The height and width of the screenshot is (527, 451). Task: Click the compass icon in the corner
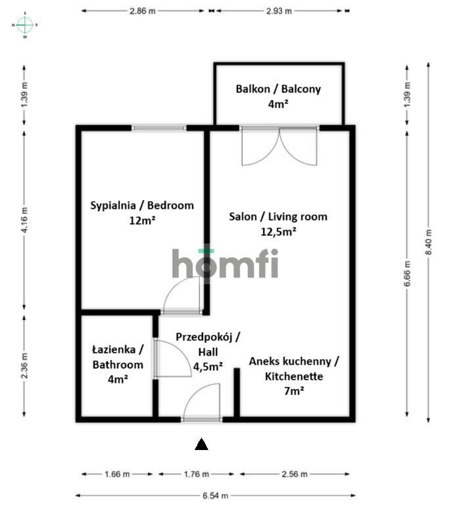[25, 25]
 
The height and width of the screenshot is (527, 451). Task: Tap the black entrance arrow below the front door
[202, 444]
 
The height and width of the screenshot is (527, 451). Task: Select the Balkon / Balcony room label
[278, 95]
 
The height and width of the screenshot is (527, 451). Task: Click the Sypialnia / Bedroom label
[142, 213]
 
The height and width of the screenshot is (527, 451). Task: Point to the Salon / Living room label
[277, 223]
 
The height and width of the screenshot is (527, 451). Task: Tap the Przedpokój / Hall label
[207, 351]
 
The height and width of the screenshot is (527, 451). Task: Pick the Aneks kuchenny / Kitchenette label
[293, 376]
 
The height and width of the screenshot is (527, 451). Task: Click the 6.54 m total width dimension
[215, 496]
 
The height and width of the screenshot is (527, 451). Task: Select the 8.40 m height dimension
[429, 241]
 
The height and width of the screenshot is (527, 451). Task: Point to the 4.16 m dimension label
[25, 220]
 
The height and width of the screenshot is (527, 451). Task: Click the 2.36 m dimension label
[25, 366]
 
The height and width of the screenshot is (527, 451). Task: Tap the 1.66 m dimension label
[117, 474]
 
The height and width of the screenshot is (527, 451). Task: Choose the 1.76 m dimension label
[196, 474]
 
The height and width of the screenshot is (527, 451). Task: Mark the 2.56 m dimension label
[294, 474]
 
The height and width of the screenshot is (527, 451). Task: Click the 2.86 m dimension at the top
[143, 11]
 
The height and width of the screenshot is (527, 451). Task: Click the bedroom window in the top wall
[158, 128]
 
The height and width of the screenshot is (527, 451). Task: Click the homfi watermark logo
[225, 263]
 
